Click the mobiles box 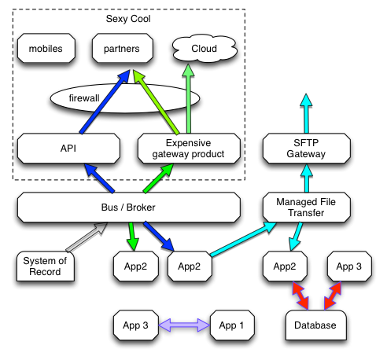click(x=45, y=50)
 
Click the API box click(x=65, y=148)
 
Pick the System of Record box click(x=45, y=266)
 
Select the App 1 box click(x=231, y=325)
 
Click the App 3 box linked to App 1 click(x=135, y=325)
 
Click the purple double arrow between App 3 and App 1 click(x=183, y=325)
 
